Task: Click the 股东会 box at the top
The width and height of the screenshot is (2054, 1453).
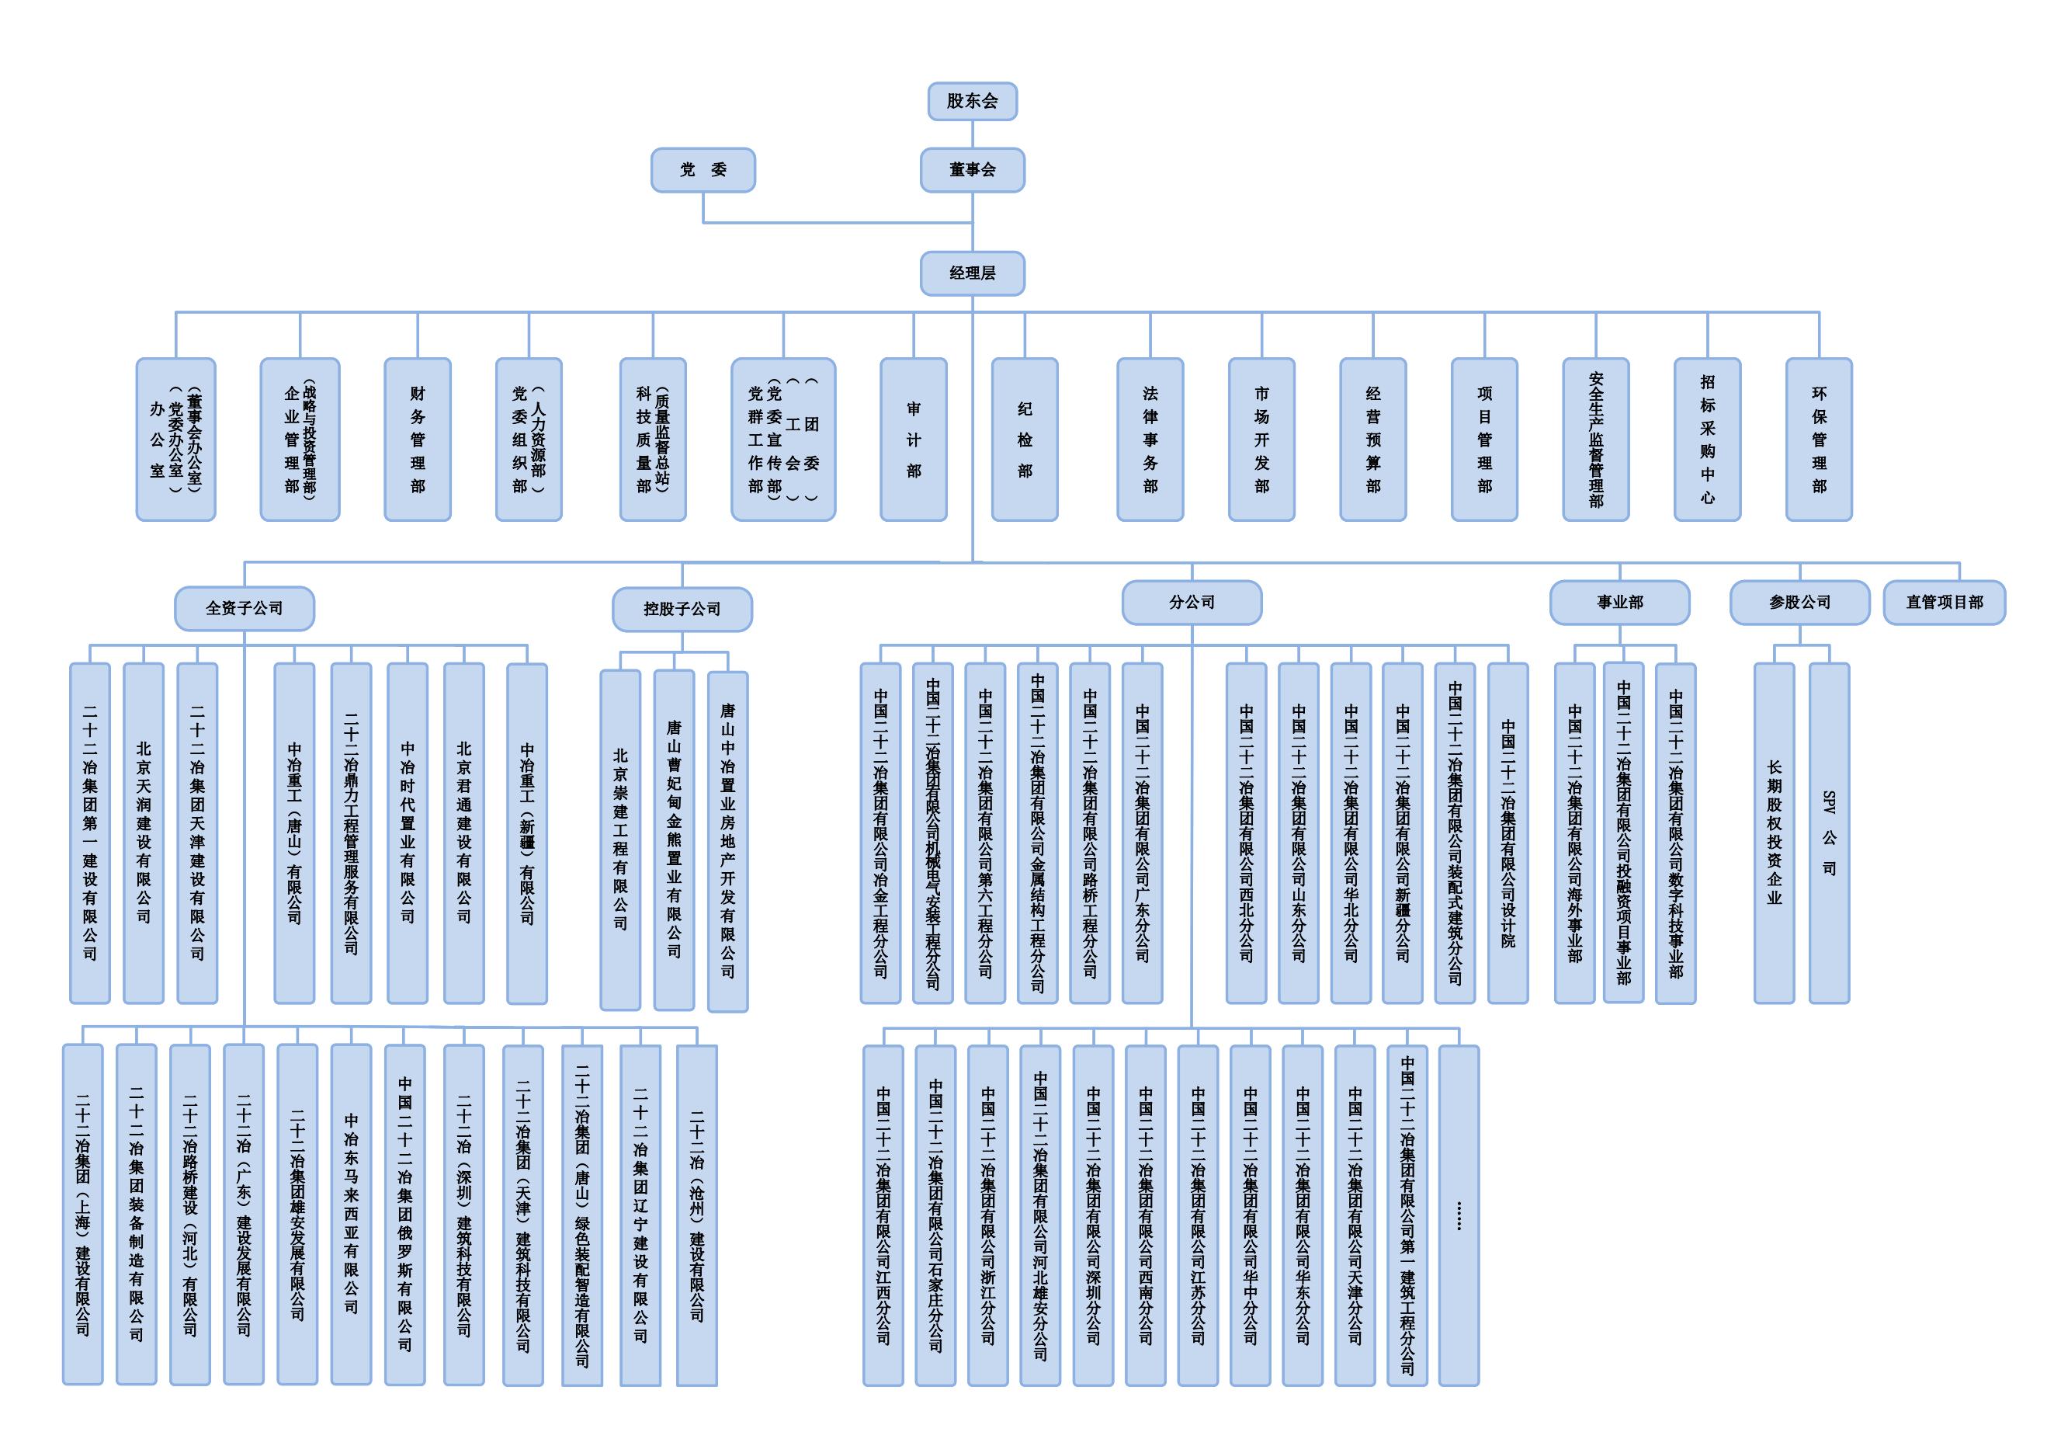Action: pyautogui.click(x=972, y=101)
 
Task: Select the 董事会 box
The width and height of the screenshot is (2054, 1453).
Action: pyautogui.click(x=972, y=170)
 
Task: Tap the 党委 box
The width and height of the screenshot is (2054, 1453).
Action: pyautogui.click(x=703, y=170)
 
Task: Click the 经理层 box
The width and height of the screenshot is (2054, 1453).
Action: pyautogui.click(x=972, y=273)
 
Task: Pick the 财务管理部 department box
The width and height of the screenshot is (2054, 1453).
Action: pyautogui.click(x=417, y=440)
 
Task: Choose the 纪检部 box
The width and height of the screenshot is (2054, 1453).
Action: pyautogui.click(x=1025, y=440)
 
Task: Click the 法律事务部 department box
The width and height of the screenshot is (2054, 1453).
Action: pyautogui.click(x=1150, y=440)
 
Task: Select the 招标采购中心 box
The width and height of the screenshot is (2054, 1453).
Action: pyautogui.click(x=1707, y=440)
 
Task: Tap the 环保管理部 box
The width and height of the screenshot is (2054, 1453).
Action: pyautogui.click(x=1819, y=440)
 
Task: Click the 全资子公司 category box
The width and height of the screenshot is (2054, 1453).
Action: pyautogui.click(x=245, y=608)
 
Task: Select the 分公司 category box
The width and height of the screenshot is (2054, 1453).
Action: pyautogui.click(x=1192, y=602)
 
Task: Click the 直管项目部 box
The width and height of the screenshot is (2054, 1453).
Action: pyautogui.click(x=1944, y=602)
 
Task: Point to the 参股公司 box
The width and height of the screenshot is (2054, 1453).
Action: pyautogui.click(x=1799, y=602)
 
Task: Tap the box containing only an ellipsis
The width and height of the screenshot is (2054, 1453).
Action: pyautogui.click(x=1459, y=1215)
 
